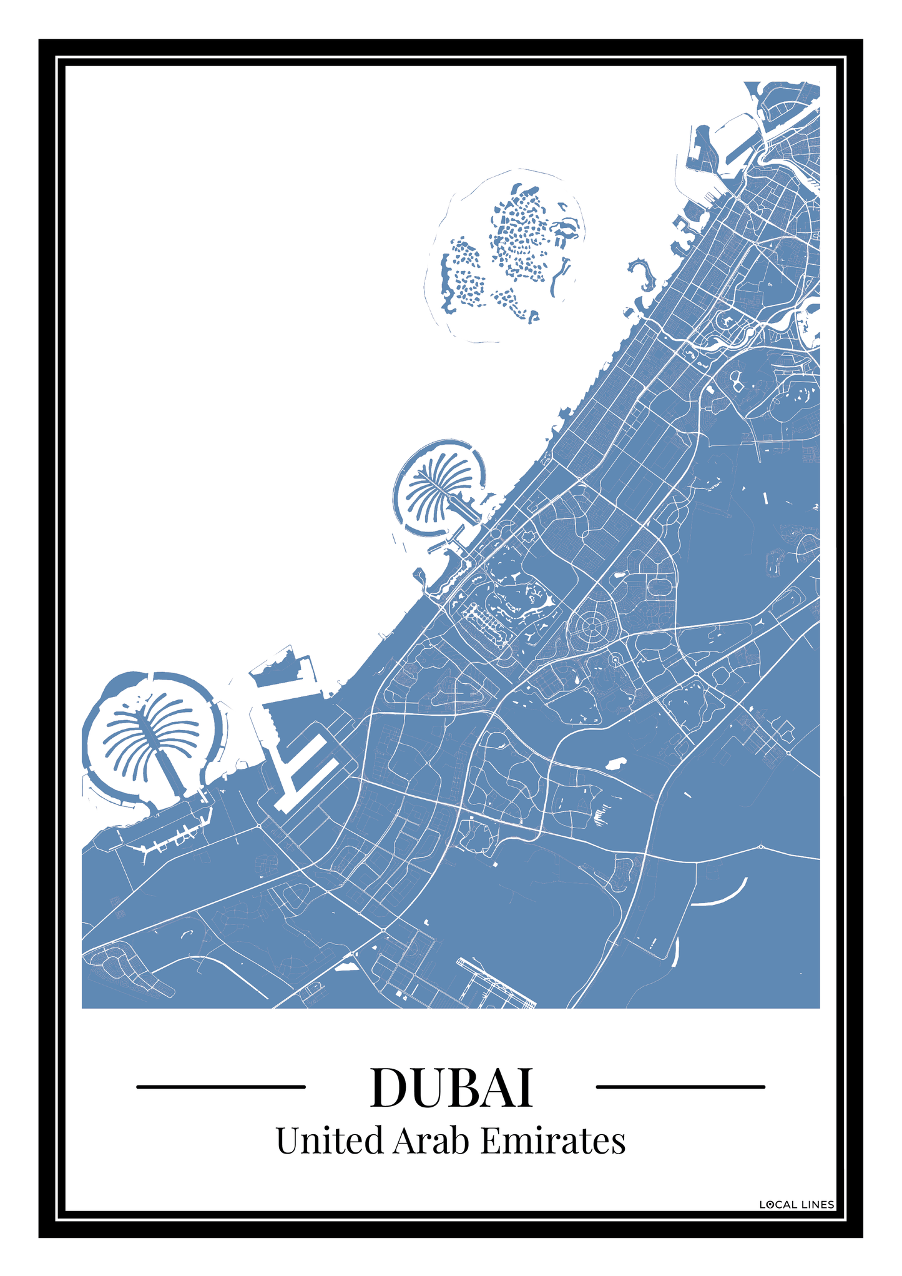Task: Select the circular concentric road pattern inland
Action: pos(589,625)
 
